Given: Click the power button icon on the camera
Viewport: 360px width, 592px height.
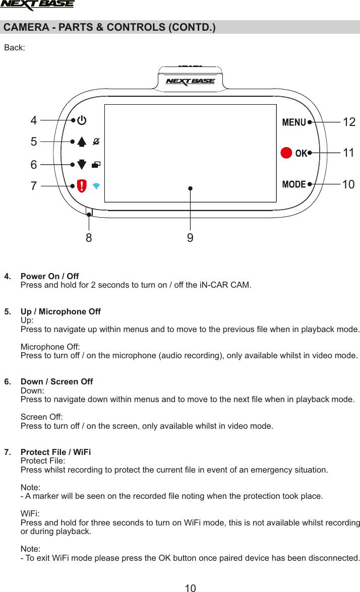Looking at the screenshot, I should point(82,121).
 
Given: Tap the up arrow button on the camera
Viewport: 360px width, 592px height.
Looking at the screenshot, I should point(82,142).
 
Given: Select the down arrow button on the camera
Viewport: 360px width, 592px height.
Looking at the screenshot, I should point(82,164).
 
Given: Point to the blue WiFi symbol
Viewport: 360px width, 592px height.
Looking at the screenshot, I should point(96,185).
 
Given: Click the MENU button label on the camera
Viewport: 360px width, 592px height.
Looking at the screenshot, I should point(294,122).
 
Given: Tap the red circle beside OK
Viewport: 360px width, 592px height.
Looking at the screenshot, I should point(286,153).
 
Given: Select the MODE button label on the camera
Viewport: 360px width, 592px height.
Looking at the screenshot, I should point(294,184).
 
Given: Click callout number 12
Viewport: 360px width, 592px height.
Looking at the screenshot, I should point(349,122).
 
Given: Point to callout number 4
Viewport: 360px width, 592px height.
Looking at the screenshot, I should point(34,120).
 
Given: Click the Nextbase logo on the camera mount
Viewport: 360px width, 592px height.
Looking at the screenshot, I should point(190,81).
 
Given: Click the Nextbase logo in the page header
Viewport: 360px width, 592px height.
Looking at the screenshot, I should point(37,6).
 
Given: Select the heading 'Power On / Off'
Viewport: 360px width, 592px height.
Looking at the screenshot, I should point(49,276).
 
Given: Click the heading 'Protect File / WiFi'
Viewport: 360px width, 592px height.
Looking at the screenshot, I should point(55,451).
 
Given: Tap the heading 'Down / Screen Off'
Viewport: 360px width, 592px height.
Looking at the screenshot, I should point(56,381).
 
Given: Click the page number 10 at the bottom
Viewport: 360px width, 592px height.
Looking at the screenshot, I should point(190,587).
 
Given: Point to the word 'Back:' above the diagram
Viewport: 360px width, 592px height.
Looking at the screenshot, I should point(15,48).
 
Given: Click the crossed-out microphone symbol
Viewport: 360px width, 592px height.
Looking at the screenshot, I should point(96,142).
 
